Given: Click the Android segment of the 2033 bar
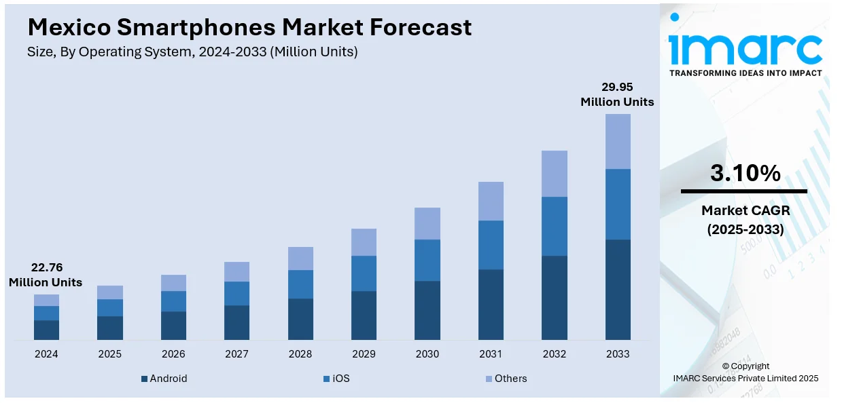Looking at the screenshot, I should coord(618,289).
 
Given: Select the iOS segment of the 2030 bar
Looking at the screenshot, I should coord(427,260).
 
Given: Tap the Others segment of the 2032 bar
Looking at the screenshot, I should coord(554,174).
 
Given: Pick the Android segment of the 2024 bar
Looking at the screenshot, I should coord(46,330).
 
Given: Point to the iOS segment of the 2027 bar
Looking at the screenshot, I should coord(236,293).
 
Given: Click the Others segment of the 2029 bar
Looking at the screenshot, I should coord(364,242).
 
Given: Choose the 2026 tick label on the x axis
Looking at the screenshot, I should coord(173,354).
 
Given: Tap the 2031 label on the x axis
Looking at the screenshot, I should coord(491,354).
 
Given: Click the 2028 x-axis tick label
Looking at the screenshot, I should coord(300,354).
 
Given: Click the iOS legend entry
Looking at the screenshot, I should coord(340,379).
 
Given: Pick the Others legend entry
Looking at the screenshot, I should coord(510,379).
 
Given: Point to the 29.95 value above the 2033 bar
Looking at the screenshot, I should coord(617,87).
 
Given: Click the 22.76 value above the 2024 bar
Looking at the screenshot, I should coord(46,267).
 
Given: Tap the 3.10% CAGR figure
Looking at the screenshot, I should coord(745,174).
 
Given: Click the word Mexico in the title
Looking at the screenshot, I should coord(68,27).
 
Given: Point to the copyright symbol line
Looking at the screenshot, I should coord(745,366).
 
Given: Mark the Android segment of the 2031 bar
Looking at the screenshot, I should coord(491,304).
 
